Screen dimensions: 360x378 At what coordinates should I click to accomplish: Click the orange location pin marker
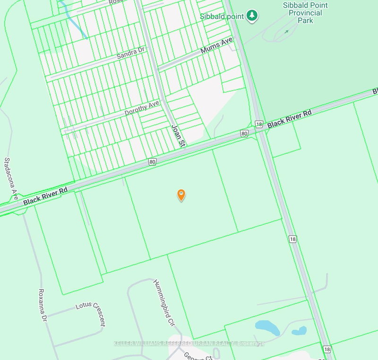pyautogui.click(x=181, y=194)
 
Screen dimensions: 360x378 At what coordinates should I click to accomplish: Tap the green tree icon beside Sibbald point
pyautogui.click(x=252, y=16)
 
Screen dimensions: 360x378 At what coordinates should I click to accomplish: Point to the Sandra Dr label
pyautogui.click(x=131, y=53)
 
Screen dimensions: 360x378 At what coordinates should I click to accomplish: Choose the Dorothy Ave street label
pyautogui.click(x=142, y=108)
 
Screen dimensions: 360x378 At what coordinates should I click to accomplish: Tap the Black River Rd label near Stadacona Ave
pyautogui.click(x=45, y=196)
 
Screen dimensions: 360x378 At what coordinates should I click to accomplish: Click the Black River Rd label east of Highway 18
pyautogui.click(x=289, y=120)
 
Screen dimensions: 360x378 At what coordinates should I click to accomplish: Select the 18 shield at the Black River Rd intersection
pyautogui.click(x=258, y=124)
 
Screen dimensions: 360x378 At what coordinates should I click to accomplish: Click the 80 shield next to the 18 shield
pyautogui.click(x=244, y=133)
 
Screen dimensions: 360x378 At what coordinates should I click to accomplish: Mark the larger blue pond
pyautogui.click(x=267, y=327)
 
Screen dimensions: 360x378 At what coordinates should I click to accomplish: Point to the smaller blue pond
pyautogui.click(x=299, y=330)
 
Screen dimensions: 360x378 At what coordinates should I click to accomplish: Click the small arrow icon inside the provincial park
pyautogui.click(x=287, y=32)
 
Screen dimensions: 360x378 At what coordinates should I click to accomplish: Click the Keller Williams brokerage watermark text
pyautogui.click(x=189, y=343)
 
